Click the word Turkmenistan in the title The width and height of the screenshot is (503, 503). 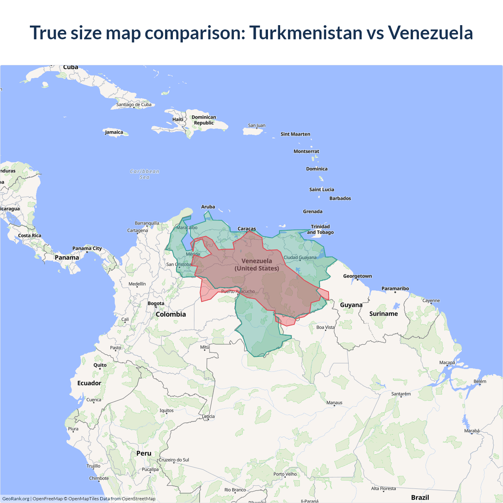point(306,33)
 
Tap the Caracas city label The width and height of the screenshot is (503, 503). point(247,229)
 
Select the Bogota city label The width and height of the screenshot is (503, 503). point(156,303)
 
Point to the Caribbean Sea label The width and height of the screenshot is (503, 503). point(145,174)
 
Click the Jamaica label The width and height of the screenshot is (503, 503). point(114,132)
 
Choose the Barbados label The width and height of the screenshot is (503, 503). point(340,198)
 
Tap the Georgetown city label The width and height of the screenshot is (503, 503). point(357,276)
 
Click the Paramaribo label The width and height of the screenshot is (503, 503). point(395,288)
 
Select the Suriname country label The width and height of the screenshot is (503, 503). point(384,314)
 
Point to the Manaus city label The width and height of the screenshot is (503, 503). point(334,402)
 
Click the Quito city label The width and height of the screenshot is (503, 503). point(100,365)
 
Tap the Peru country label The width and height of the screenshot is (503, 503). point(144,453)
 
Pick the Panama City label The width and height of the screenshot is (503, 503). point(87,248)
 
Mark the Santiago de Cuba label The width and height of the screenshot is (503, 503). point(134,105)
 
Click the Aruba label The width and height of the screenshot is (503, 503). point(208,207)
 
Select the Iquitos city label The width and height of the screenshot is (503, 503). point(166,410)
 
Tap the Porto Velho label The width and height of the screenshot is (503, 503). point(285,474)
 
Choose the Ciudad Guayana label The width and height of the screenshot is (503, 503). point(300,257)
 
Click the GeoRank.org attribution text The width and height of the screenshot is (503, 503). point(16,499)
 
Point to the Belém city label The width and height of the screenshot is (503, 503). point(480,381)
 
